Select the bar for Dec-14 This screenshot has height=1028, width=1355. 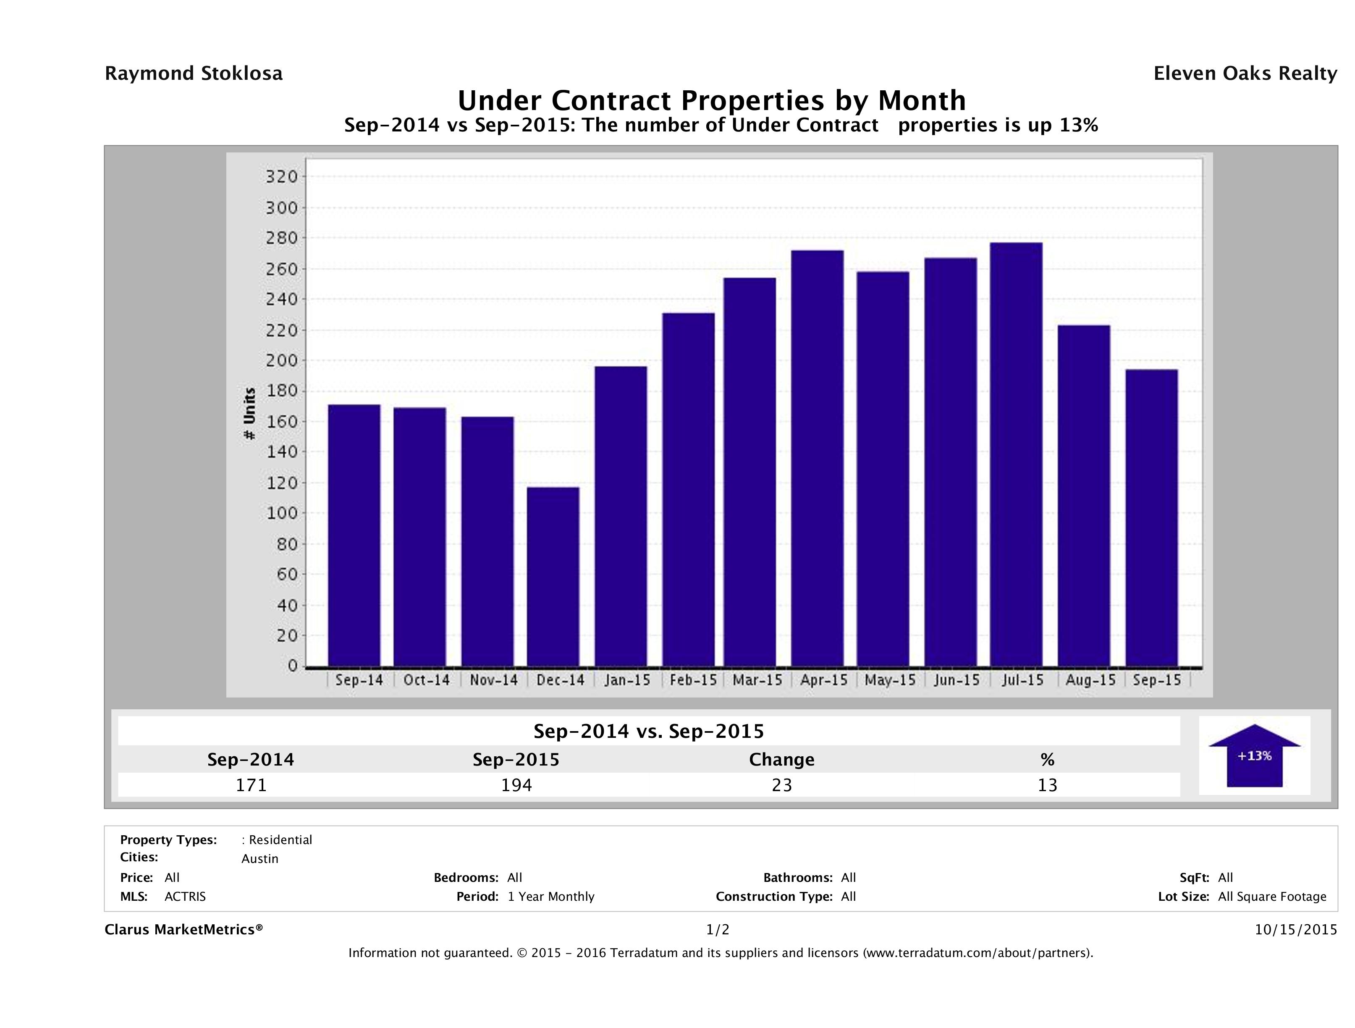tap(553, 576)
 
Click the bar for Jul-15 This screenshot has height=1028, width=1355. tap(1016, 454)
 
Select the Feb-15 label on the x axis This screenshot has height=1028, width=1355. tap(693, 680)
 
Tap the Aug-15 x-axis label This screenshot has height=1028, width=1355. tap(1090, 680)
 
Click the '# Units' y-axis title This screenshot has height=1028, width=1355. tap(249, 414)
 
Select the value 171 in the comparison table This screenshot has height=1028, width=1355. tap(251, 785)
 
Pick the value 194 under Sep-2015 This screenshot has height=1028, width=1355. tap(516, 785)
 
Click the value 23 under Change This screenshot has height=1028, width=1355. tap(782, 785)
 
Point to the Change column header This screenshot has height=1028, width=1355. tap(782, 760)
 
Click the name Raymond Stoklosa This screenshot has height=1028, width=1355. tap(194, 73)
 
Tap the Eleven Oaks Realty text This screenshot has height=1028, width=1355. tap(1245, 73)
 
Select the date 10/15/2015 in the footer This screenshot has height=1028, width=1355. tap(1295, 929)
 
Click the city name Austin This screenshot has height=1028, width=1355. tap(260, 859)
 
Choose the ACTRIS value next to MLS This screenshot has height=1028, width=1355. tap(185, 897)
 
